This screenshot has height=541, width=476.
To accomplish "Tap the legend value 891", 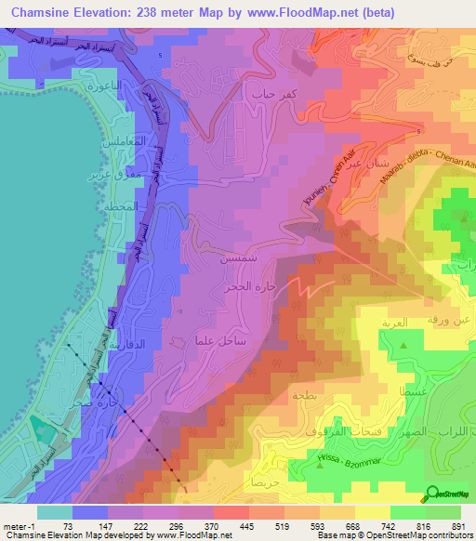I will [x=456, y=525].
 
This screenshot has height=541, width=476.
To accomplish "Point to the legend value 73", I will [x=68, y=525].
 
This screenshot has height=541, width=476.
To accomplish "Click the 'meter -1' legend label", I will [x=19, y=525].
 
